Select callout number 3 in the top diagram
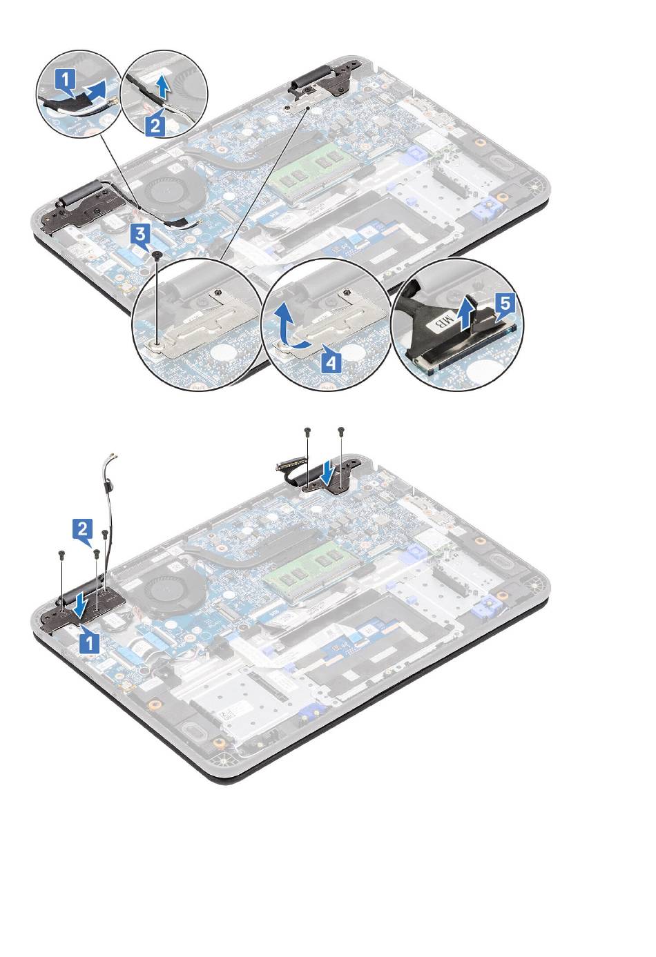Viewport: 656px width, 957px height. coord(140,235)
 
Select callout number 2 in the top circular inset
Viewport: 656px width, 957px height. coord(155,125)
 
